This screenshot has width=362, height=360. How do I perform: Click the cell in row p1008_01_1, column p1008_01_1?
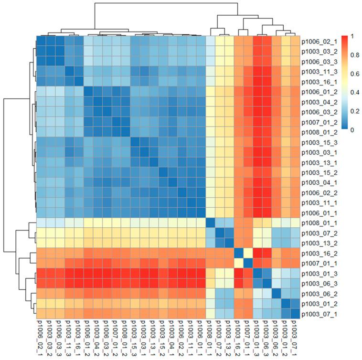click(210, 223)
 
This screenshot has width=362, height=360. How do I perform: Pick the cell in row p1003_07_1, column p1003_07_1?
click(294, 314)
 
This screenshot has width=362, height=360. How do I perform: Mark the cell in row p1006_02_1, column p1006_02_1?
click(41, 41)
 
